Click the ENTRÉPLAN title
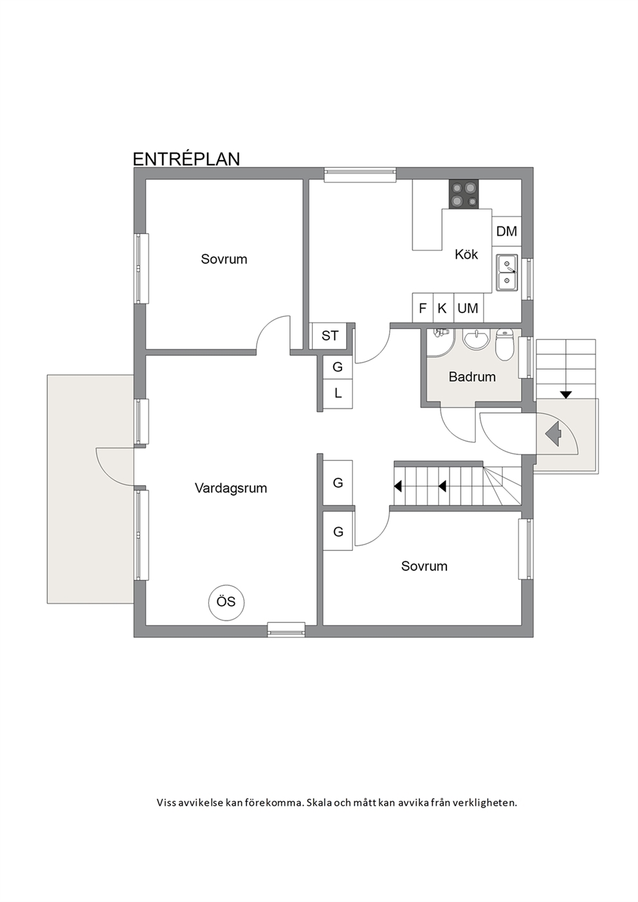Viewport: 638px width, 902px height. [186, 159]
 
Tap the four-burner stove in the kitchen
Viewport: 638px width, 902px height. [464, 194]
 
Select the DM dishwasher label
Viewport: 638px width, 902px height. [506, 231]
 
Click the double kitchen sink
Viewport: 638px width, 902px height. [507, 272]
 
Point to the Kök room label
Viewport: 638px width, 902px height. [466, 255]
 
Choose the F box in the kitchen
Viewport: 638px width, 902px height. [423, 309]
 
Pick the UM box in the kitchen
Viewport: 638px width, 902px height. [468, 309]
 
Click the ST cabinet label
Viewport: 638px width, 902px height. [330, 336]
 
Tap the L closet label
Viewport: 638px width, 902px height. [338, 393]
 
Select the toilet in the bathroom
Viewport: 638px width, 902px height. [504, 344]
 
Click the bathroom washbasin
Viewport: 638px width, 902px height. [477, 341]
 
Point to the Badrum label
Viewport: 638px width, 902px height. [472, 377]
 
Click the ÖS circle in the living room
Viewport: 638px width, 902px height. [226, 602]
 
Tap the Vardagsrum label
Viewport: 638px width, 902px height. [231, 488]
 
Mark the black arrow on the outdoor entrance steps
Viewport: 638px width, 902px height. [567, 395]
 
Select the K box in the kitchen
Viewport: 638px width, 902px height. [442, 309]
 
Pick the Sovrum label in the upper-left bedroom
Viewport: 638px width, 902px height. [224, 259]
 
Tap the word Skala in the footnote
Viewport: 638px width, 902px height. [318, 802]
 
